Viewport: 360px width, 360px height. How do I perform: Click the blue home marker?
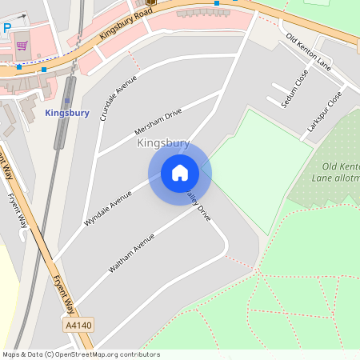[179, 173]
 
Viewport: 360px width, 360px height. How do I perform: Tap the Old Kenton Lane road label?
[308, 51]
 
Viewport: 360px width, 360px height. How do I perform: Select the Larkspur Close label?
[324, 111]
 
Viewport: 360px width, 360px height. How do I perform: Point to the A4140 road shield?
[78, 325]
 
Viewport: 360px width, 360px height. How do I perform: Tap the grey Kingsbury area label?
[163, 144]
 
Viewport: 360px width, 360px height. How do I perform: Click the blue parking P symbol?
[7, 28]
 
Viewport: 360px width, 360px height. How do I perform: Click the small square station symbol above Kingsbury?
[68, 101]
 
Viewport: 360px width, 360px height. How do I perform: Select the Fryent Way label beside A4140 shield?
[64, 291]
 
